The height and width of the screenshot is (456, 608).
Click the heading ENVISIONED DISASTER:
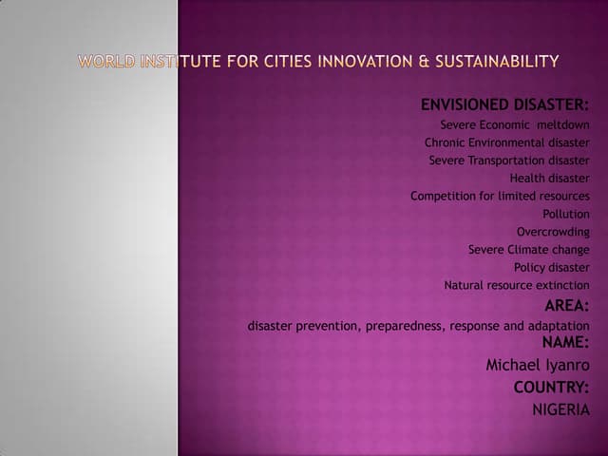[x=504, y=104]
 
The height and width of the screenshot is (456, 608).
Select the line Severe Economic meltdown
[x=515, y=125]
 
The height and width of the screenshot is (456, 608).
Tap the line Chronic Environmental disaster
[x=506, y=142]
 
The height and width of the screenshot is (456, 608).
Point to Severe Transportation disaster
[x=508, y=161]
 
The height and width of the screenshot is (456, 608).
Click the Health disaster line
[x=549, y=179]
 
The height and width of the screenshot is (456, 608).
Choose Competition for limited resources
[x=500, y=197]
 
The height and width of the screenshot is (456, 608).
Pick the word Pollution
[x=565, y=215]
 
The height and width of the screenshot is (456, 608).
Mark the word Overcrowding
[x=553, y=232]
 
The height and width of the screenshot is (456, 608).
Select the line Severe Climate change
[x=528, y=250]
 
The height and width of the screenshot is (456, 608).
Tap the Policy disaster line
[x=551, y=268]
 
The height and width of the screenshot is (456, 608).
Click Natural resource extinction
[x=516, y=285]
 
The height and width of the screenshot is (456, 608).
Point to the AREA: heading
[x=567, y=305]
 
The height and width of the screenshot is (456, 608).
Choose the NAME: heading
[x=565, y=342]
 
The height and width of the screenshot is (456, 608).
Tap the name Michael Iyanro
[x=537, y=365]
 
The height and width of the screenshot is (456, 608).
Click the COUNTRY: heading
[x=551, y=388]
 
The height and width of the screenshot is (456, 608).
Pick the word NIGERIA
[x=560, y=410]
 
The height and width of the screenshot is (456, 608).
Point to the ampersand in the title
[x=424, y=63]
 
